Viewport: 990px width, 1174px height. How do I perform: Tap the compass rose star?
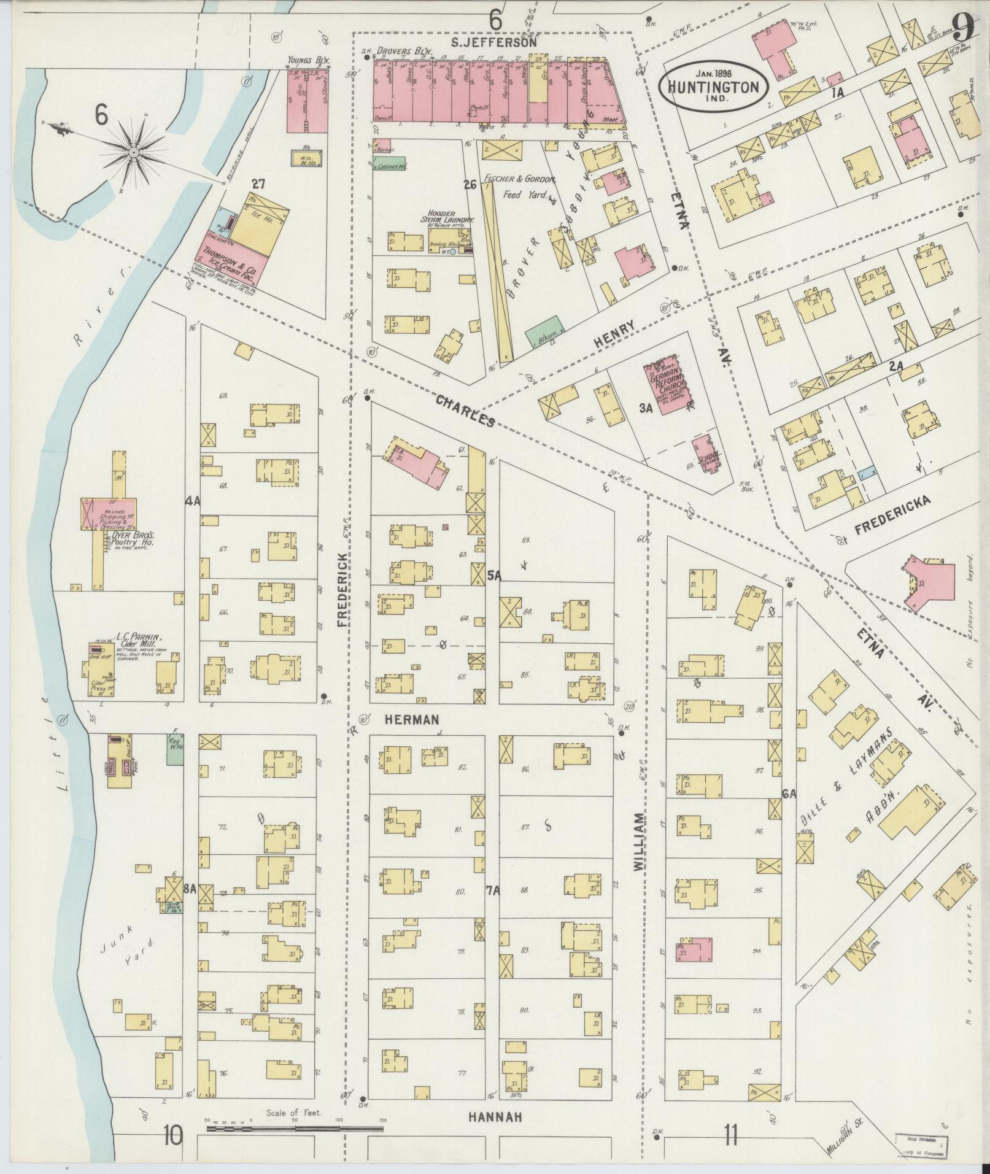point(133,151)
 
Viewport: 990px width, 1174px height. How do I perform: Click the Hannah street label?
point(495,1118)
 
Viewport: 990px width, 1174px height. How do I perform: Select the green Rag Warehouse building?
point(176,749)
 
